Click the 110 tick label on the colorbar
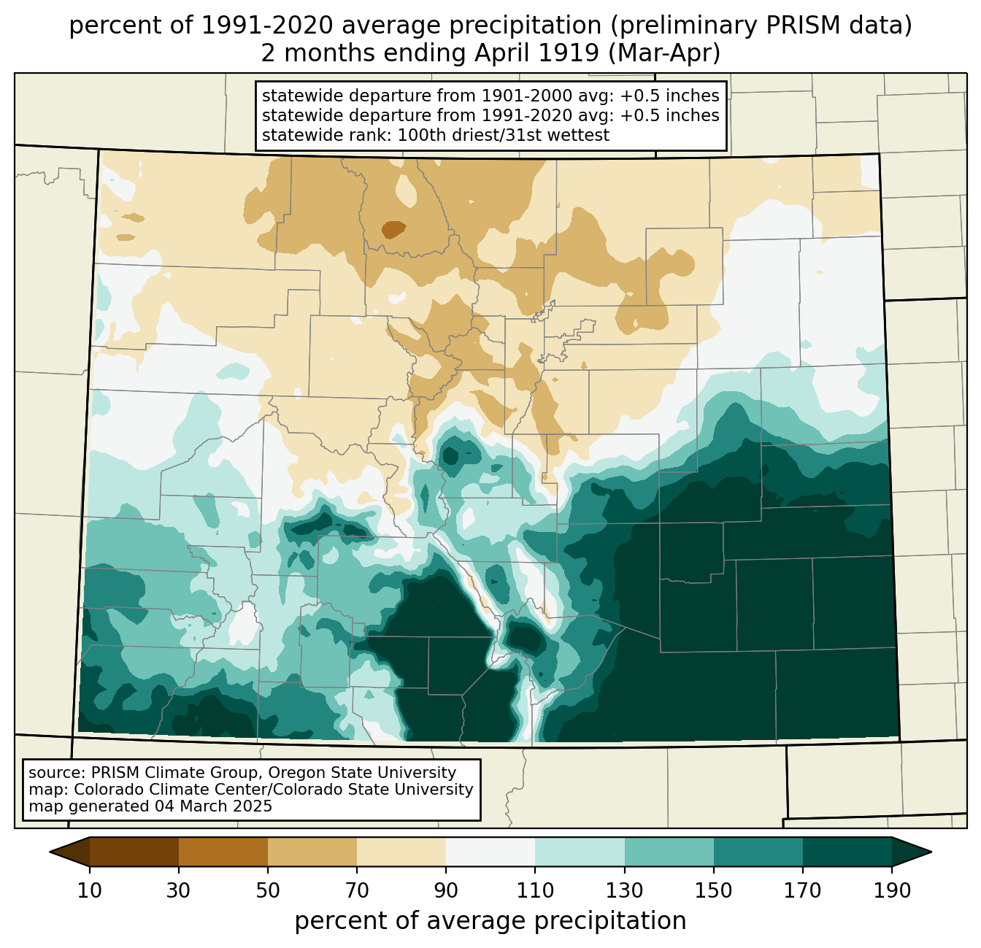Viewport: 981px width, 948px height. pyautogui.click(x=535, y=890)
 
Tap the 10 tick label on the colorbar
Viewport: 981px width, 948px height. pyautogui.click(x=89, y=890)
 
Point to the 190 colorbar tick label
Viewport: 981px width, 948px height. pyautogui.click(x=892, y=890)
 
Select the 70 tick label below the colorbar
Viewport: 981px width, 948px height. pyautogui.click(x=357, y=890)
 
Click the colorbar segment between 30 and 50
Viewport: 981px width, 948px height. pyautogui.click(x=223, y=852)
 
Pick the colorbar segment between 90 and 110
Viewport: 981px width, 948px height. pyautogui.click(x=490, y=852)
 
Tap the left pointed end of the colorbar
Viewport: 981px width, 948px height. pyautogui.click(x=50, y=852)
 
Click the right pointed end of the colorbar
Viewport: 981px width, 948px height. pyautogui.click(x=931, y=852)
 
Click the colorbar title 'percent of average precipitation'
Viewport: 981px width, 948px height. pyautogui.click(x=490, y=920)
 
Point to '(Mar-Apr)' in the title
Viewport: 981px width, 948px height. pyautogui.click(x=664, y=53)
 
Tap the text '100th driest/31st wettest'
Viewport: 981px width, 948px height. pyautogui.click(x=504, y=135)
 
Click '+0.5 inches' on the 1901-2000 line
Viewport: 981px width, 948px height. pyautogui.click(x=669, y=96)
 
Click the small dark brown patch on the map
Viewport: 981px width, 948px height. pyautogui.click(x=393, y=229)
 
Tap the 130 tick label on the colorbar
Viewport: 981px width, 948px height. pyautogui.click(x=625, y=890)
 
